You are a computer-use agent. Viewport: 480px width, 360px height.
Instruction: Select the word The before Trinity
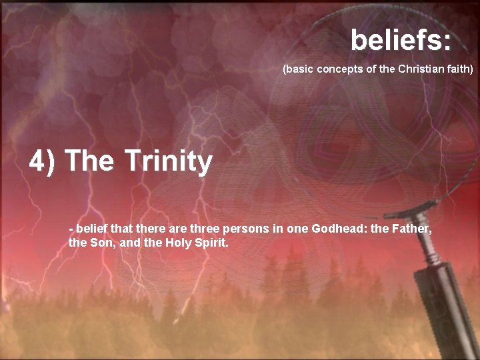[x=90, y=161]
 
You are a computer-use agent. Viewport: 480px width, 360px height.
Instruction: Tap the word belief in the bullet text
[x=90, y=229]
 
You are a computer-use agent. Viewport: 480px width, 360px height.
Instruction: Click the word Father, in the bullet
[x=413, y=229]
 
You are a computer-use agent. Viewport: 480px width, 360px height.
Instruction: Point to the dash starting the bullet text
[x=71, y=229]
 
